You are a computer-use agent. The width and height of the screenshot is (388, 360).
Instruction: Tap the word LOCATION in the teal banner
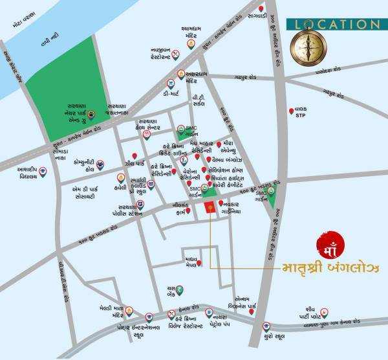click(333, 24)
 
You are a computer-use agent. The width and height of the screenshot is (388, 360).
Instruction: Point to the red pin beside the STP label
click(290, 111)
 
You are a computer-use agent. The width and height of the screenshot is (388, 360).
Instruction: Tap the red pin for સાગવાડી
click(261, 8)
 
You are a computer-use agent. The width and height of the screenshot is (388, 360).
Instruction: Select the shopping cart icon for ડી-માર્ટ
click(170, 83)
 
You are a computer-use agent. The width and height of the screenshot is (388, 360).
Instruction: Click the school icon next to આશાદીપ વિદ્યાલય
click(43, 172)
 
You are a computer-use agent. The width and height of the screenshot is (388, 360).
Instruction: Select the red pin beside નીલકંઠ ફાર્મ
click(188, 210)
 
